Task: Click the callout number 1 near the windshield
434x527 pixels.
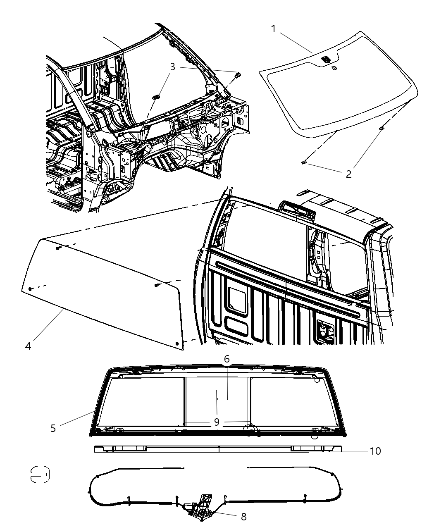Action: (274, 29)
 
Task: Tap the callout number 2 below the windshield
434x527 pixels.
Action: (348, 174)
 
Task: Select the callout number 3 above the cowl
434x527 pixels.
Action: (173, 67)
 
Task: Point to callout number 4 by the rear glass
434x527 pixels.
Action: (28, 346)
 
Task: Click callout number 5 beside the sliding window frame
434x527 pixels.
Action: (53, 428)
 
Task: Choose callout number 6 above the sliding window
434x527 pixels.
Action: (227, 359)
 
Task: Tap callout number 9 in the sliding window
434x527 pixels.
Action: (216, 422)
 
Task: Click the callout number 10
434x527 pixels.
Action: (375, 451)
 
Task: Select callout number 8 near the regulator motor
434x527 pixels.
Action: (243, 516)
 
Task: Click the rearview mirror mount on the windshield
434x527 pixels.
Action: (326, 60)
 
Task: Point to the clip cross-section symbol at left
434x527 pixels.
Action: (40, 475)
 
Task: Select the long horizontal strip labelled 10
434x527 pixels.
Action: (218, 449)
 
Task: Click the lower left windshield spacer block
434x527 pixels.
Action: (304, 163)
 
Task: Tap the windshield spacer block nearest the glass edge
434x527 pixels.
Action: (381, 129)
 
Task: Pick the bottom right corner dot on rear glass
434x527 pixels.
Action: (178, 343)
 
